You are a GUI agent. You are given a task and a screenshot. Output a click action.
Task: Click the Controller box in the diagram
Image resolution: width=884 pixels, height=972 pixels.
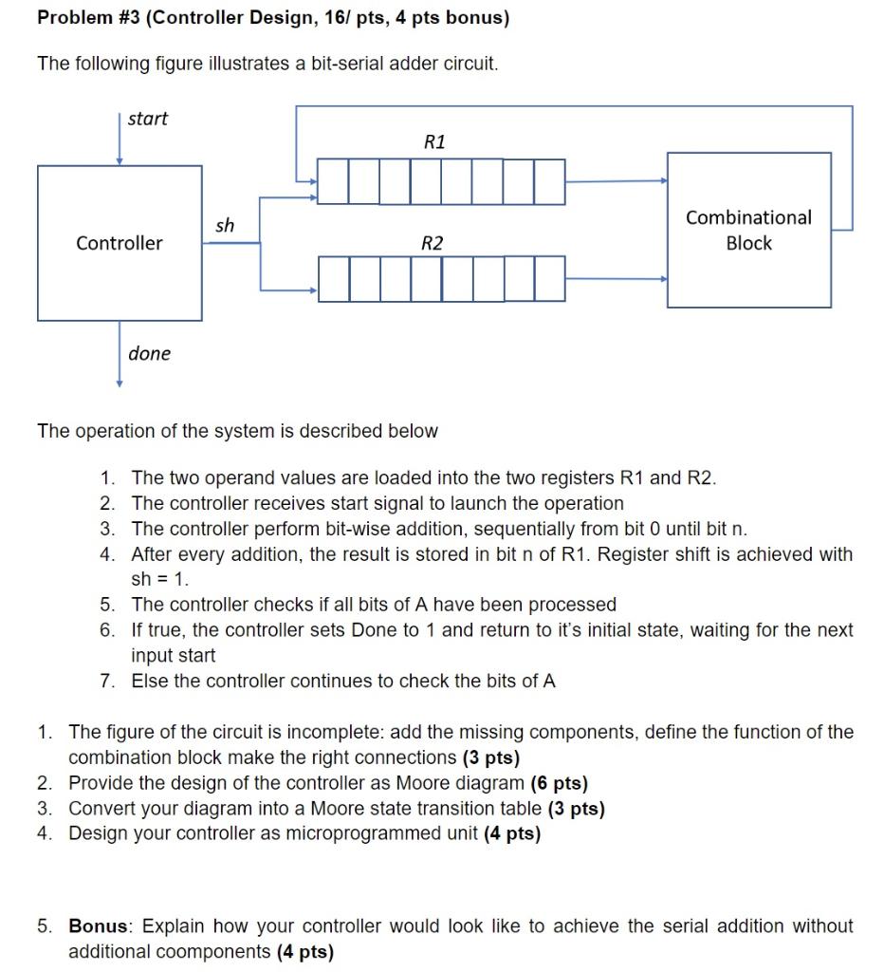(120, 243)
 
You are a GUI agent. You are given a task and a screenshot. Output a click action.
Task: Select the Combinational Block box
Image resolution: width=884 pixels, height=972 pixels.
(748, 231)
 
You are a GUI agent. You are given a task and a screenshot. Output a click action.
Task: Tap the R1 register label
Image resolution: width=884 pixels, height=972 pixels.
(433, 142)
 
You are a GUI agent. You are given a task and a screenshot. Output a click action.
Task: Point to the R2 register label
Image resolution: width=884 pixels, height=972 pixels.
(432, 243)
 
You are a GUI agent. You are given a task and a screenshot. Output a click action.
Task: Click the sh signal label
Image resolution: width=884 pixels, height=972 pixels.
(224, 225)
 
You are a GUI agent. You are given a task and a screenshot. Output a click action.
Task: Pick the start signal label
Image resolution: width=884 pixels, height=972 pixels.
(147, 119)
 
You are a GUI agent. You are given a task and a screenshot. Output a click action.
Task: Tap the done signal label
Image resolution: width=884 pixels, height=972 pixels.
(150, 353)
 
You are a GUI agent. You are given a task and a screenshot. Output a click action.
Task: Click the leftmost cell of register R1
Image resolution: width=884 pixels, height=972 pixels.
(333, 181)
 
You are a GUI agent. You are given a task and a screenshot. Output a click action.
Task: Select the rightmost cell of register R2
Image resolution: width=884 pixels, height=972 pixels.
(550, 279)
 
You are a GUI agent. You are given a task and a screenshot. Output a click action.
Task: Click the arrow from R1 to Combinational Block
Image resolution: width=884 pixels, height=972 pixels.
(617, 180)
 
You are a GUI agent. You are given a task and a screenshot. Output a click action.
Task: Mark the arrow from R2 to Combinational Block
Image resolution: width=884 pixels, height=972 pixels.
(617, 279)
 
